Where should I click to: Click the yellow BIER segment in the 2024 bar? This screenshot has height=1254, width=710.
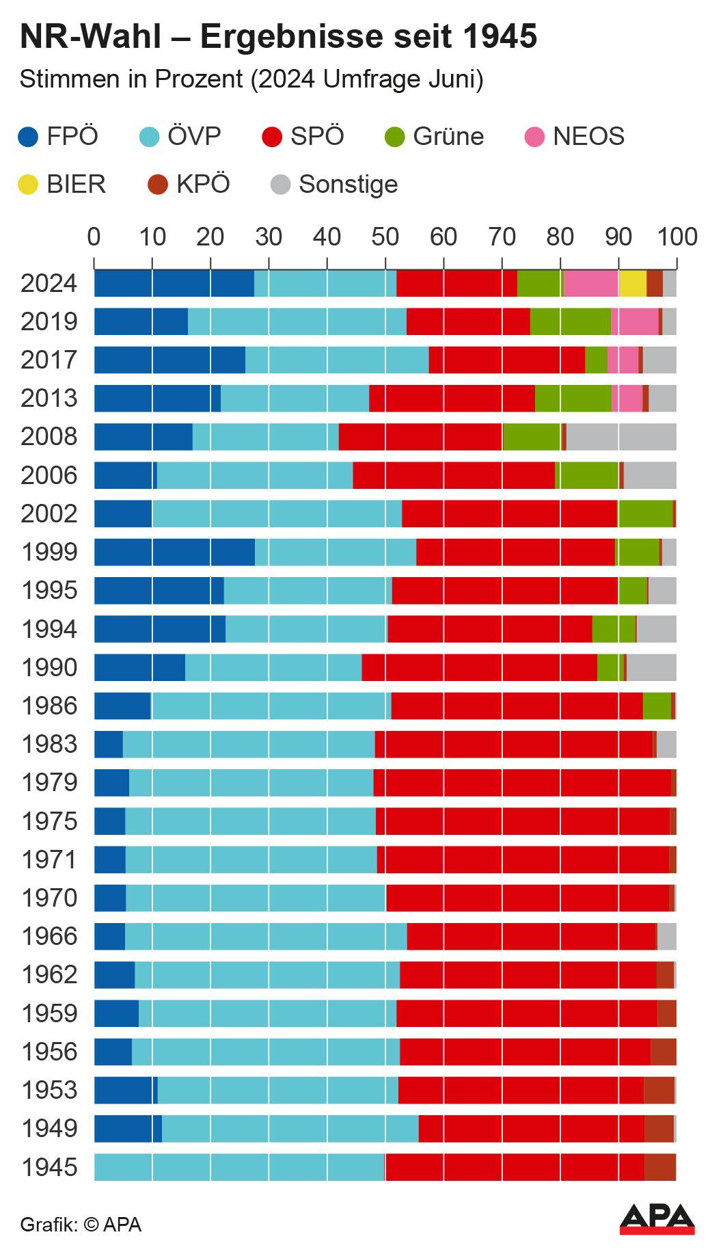632,284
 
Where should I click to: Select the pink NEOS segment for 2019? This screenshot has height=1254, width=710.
634,322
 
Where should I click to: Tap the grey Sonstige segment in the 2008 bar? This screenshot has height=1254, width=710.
621,437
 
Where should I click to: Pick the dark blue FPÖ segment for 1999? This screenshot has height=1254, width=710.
174,552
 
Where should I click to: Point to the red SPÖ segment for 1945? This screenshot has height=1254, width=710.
514,1167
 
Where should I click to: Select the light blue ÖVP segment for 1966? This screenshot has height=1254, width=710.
266,937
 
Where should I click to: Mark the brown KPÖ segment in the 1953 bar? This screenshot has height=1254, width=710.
659,1091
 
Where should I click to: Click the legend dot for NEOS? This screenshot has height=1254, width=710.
534,137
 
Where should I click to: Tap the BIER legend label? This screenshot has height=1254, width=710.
76,185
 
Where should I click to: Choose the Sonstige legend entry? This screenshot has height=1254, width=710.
348,185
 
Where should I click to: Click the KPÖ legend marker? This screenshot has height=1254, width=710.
158,185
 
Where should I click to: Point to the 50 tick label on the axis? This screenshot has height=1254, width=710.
385,237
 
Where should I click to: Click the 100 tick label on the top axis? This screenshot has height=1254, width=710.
677,237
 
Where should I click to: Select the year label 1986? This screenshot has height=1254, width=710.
49,706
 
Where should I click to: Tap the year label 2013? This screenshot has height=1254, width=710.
49,399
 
